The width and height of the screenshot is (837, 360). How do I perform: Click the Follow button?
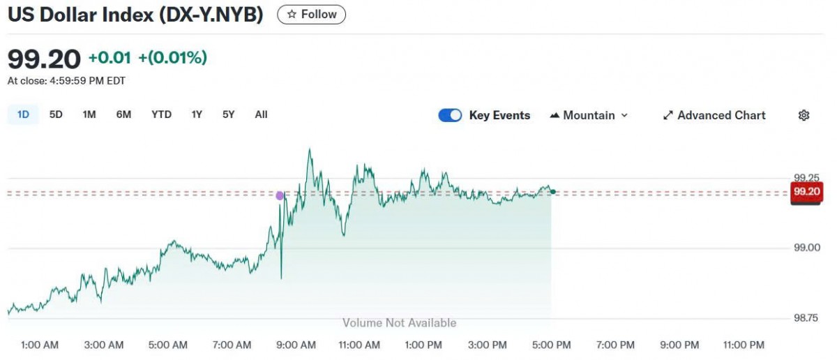click(x=311, y=14)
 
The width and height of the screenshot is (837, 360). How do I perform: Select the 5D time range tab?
click(x=56, y=114)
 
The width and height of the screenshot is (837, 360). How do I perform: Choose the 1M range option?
click(x=89, y=114)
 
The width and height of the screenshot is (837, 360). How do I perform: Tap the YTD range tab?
click(x=161, y=114)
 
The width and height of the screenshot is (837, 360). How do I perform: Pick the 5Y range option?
click(x=229, y=114)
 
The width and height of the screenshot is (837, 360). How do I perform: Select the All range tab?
click(x=261, y=114)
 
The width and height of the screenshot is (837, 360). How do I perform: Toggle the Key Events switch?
click(x=450, y=116)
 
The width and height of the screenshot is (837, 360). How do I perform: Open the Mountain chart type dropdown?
click(x=589, y=116)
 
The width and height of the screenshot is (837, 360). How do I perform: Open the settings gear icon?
click(x=804, y=116)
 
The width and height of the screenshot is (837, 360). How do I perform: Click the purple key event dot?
click(x=280, y=196)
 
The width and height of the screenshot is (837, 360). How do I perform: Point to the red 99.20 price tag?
click(x=806, y=192)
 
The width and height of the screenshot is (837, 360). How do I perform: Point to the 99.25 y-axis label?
click(x=806, y=177)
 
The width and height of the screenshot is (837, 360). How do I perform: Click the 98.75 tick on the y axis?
click(x=806, y=318)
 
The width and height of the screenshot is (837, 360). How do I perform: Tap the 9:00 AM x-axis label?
click(x=296, y=345)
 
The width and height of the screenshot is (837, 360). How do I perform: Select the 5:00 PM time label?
click(x=552, y=345)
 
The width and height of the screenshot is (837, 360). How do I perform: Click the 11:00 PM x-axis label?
click(x=744, y=345)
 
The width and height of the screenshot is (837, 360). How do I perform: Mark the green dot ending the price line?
click(x=553, y=192)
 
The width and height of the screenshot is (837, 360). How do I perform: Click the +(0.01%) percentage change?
click(x=172, y=58)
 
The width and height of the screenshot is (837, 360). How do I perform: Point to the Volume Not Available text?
click(x=399, y=323)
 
